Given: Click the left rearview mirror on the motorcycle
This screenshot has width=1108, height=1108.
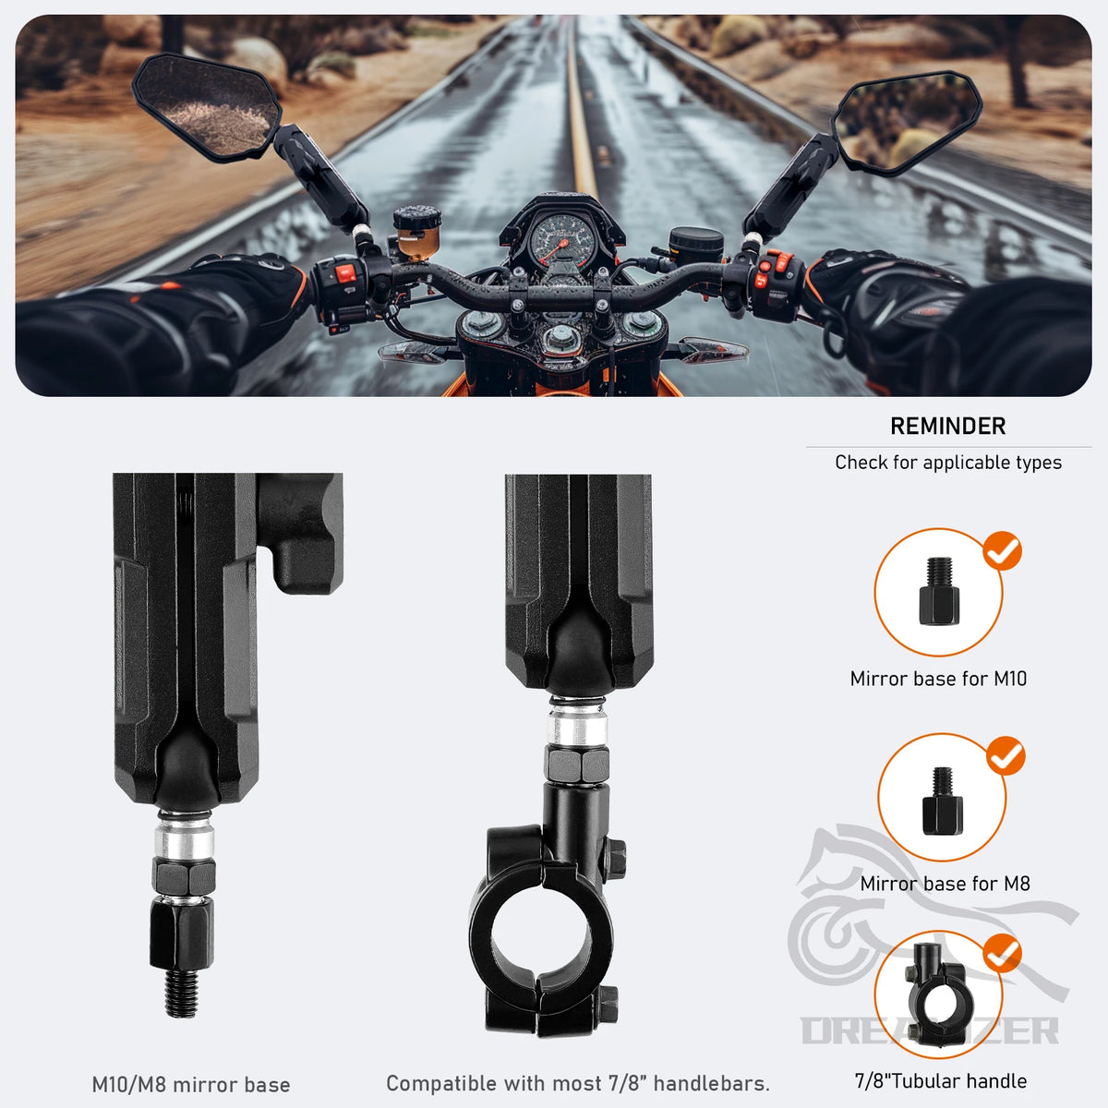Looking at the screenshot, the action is tap(207, 106).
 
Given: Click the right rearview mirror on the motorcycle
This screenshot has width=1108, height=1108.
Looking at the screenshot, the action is tap(908, 121).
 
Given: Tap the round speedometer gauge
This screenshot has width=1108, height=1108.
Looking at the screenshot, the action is tap(561, 240).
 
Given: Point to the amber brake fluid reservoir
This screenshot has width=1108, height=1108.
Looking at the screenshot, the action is tap(416, 232).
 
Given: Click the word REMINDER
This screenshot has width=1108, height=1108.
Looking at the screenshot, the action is tap(948, 427).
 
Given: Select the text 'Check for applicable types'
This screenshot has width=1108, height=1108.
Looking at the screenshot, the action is tap(948, 463).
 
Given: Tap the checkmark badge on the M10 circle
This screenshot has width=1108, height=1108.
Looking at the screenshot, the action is tap(1002, 551).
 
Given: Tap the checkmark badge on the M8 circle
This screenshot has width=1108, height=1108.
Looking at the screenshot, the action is tap(1006, 755).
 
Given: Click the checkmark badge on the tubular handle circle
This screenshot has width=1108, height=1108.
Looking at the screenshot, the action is tap(1002, 953).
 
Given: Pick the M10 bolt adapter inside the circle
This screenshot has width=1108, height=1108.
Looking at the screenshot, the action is tap(939, 591).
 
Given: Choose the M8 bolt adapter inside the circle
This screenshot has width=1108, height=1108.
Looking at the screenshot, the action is tap(943, 801).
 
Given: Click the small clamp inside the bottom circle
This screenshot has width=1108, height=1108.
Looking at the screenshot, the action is tap(938, 994).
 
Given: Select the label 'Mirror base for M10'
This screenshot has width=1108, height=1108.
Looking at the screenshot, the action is tap(938, 679).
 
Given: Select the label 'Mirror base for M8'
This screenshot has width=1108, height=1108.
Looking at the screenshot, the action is tap(945, 884).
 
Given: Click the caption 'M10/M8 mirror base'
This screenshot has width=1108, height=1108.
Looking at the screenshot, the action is tap(191, 1085).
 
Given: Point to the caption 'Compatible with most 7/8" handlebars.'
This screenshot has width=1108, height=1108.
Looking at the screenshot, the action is tap(578, 1084).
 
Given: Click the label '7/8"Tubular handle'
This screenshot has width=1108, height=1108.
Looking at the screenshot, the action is tap(941, 1081).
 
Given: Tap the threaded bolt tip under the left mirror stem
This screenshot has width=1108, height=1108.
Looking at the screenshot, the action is tap(182, 993).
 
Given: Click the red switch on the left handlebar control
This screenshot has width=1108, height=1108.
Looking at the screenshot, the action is tap(346, 272).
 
